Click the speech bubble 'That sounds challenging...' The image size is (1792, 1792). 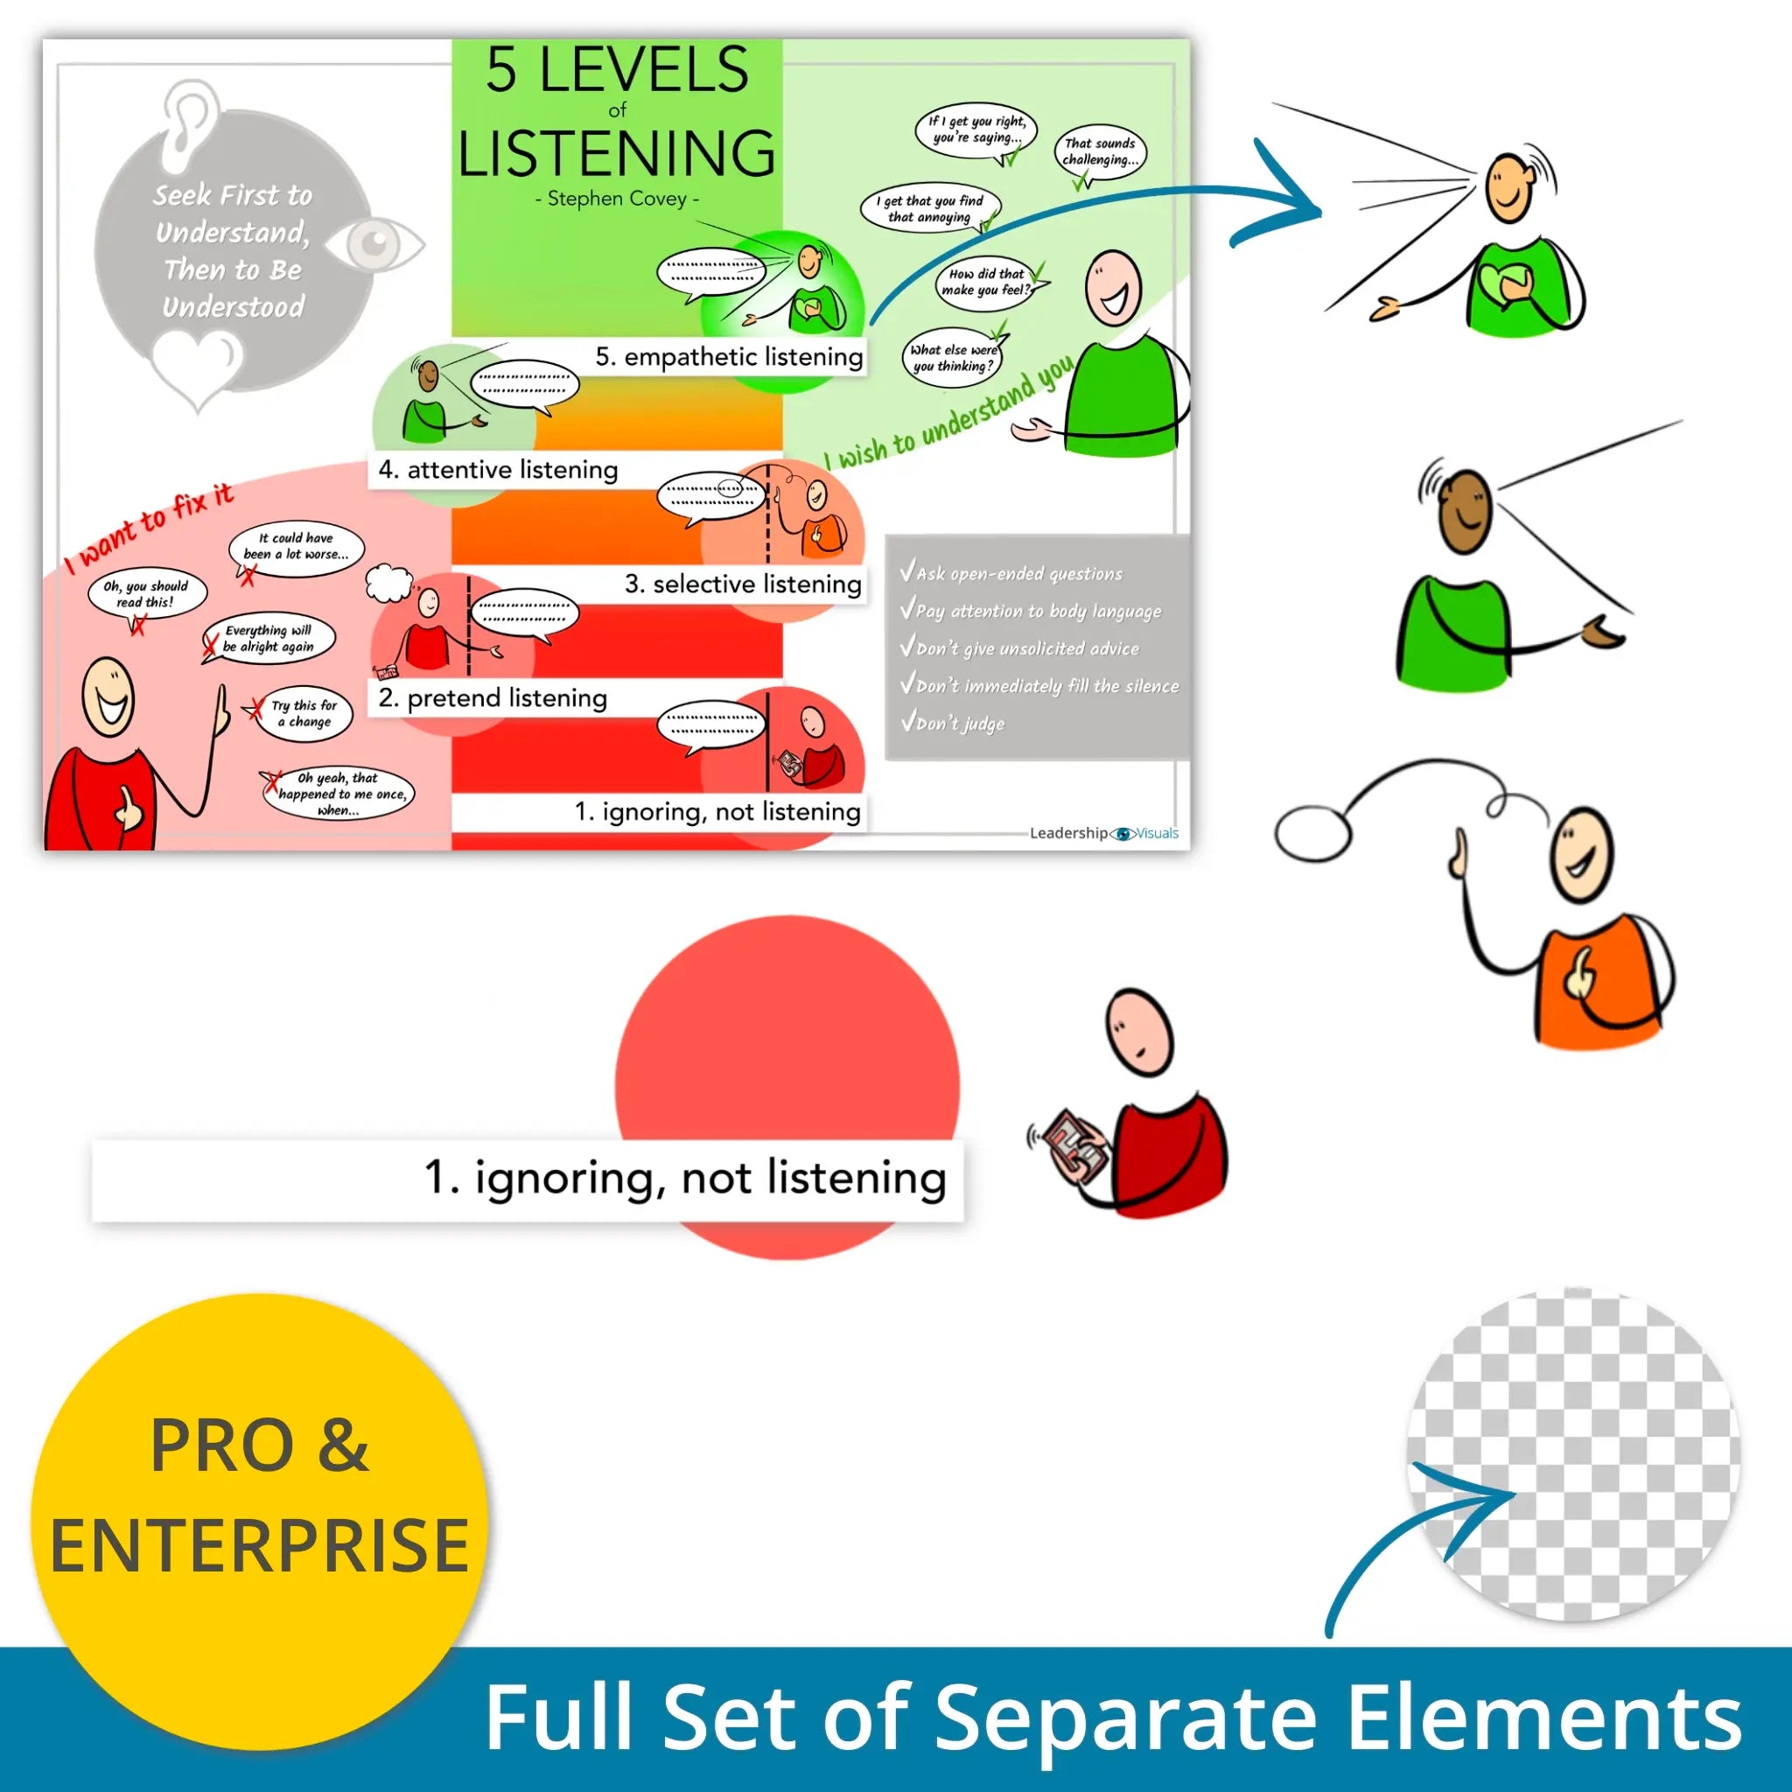point(1100,152)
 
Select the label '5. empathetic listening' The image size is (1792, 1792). point(728,357)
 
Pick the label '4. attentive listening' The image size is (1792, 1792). point(498,470)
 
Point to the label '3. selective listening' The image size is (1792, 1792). point(742,584)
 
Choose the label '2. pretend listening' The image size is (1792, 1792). point(493,698)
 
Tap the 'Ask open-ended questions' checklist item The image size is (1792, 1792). point(1018,573)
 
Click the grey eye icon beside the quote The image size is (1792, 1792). point(374,243)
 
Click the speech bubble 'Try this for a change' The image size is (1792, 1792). point(303,713)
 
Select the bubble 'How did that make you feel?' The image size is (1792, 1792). point(987,282)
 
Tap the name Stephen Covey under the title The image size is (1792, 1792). point(617,199)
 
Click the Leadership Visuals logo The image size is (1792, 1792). point(1103,833)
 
